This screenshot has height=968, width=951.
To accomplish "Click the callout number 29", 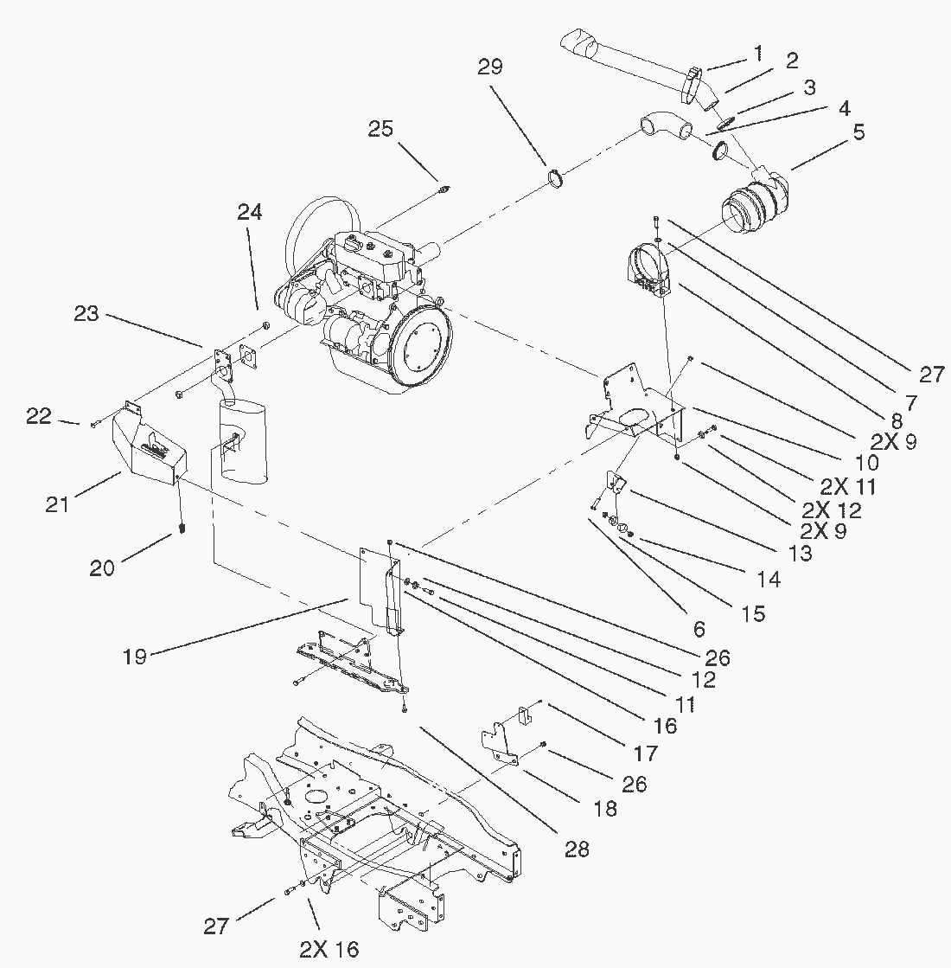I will pos(490,67).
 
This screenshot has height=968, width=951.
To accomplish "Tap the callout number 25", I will pos(380,129).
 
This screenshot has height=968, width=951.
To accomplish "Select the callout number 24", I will pos(250,212).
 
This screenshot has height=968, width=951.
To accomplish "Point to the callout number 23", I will pos(86,313).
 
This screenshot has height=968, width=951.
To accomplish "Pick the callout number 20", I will pos(102,567).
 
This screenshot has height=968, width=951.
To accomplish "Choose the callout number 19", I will pos(135,655).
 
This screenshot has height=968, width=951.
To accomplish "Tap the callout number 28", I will pos(577,849).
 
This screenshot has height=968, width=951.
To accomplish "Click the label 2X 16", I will pos(329,949).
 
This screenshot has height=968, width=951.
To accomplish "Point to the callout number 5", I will pos(858,132).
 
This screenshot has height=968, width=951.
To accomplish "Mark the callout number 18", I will pos(606,808).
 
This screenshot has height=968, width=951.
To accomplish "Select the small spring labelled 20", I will pos(182,527).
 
